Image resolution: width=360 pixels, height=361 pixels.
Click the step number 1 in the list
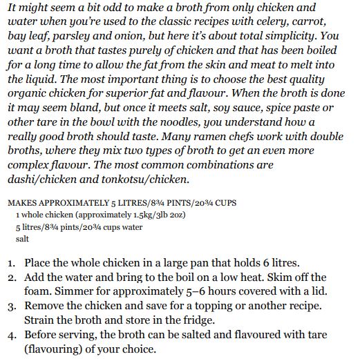coord(14,264)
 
